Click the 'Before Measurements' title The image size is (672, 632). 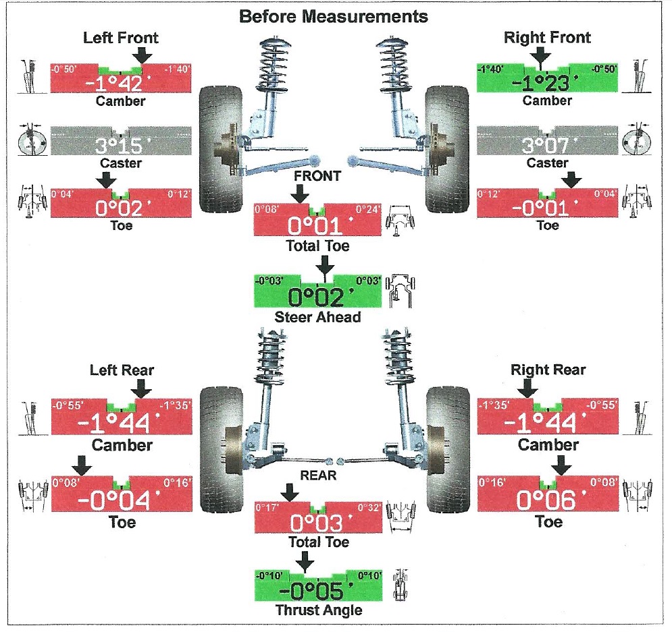[334, 16]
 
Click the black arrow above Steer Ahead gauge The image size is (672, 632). [325, 265]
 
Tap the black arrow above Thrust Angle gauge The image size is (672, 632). [305, 561]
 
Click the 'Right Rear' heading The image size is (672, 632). [548, 370]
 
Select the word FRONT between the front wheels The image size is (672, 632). [317, 176]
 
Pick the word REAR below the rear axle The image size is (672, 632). [318, 476]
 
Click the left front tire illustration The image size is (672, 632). [221, 149]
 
